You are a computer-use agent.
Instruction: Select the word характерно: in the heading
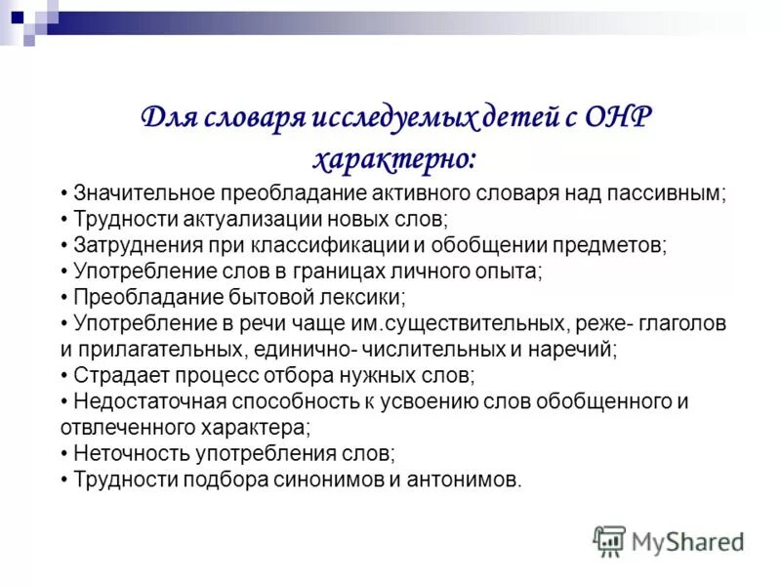394,157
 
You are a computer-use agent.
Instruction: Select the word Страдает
115,375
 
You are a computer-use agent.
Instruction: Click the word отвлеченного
120,427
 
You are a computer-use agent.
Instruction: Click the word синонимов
328,480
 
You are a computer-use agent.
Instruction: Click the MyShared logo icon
609,540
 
